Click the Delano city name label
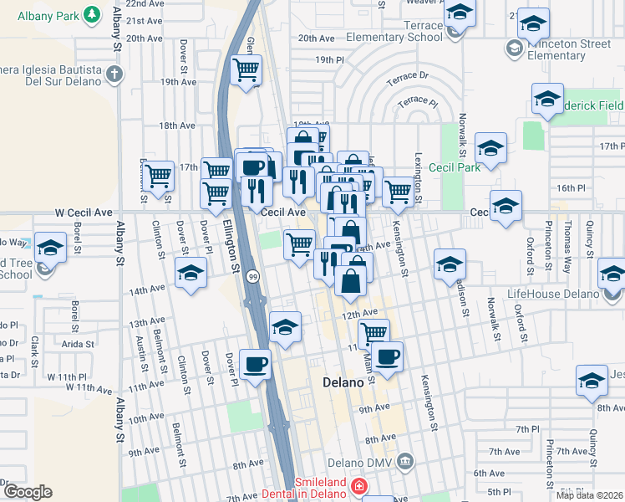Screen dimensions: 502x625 (343, 382)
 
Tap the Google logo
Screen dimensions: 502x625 (27, 492)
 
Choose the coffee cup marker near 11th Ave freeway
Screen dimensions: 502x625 (255, 364)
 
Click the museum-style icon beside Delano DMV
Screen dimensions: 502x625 (405, 461)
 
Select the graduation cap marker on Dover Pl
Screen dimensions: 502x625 (191, 274)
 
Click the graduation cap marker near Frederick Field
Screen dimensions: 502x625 (547, 100)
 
